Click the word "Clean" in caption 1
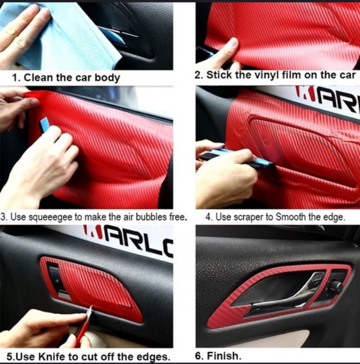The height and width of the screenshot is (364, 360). click(38, 78)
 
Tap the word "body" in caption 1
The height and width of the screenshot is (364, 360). click(107, 78)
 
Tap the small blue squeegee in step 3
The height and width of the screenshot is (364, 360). click(45, 126)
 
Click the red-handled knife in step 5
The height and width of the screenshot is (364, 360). click(83, 327)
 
